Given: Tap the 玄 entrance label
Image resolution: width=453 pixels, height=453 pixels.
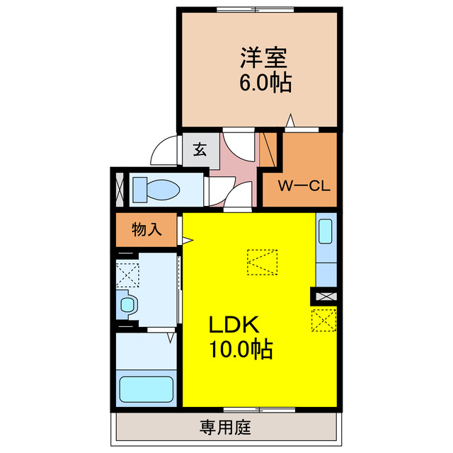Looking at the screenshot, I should click(200, 149).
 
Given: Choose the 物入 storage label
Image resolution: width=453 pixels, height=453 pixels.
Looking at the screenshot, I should click(147, 229).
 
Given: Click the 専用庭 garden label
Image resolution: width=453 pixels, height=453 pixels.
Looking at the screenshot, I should click(225, 428).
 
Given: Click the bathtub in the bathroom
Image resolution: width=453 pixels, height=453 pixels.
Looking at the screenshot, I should click(147, 389).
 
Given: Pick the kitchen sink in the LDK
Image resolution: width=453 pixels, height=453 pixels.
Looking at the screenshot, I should click(326, 233).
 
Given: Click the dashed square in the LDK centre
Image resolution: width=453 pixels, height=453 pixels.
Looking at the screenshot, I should click(263, 262).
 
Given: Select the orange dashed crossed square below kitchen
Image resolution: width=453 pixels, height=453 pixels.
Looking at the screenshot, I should click(323, 320).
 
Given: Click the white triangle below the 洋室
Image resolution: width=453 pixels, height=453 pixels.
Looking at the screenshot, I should click(289, 122).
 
